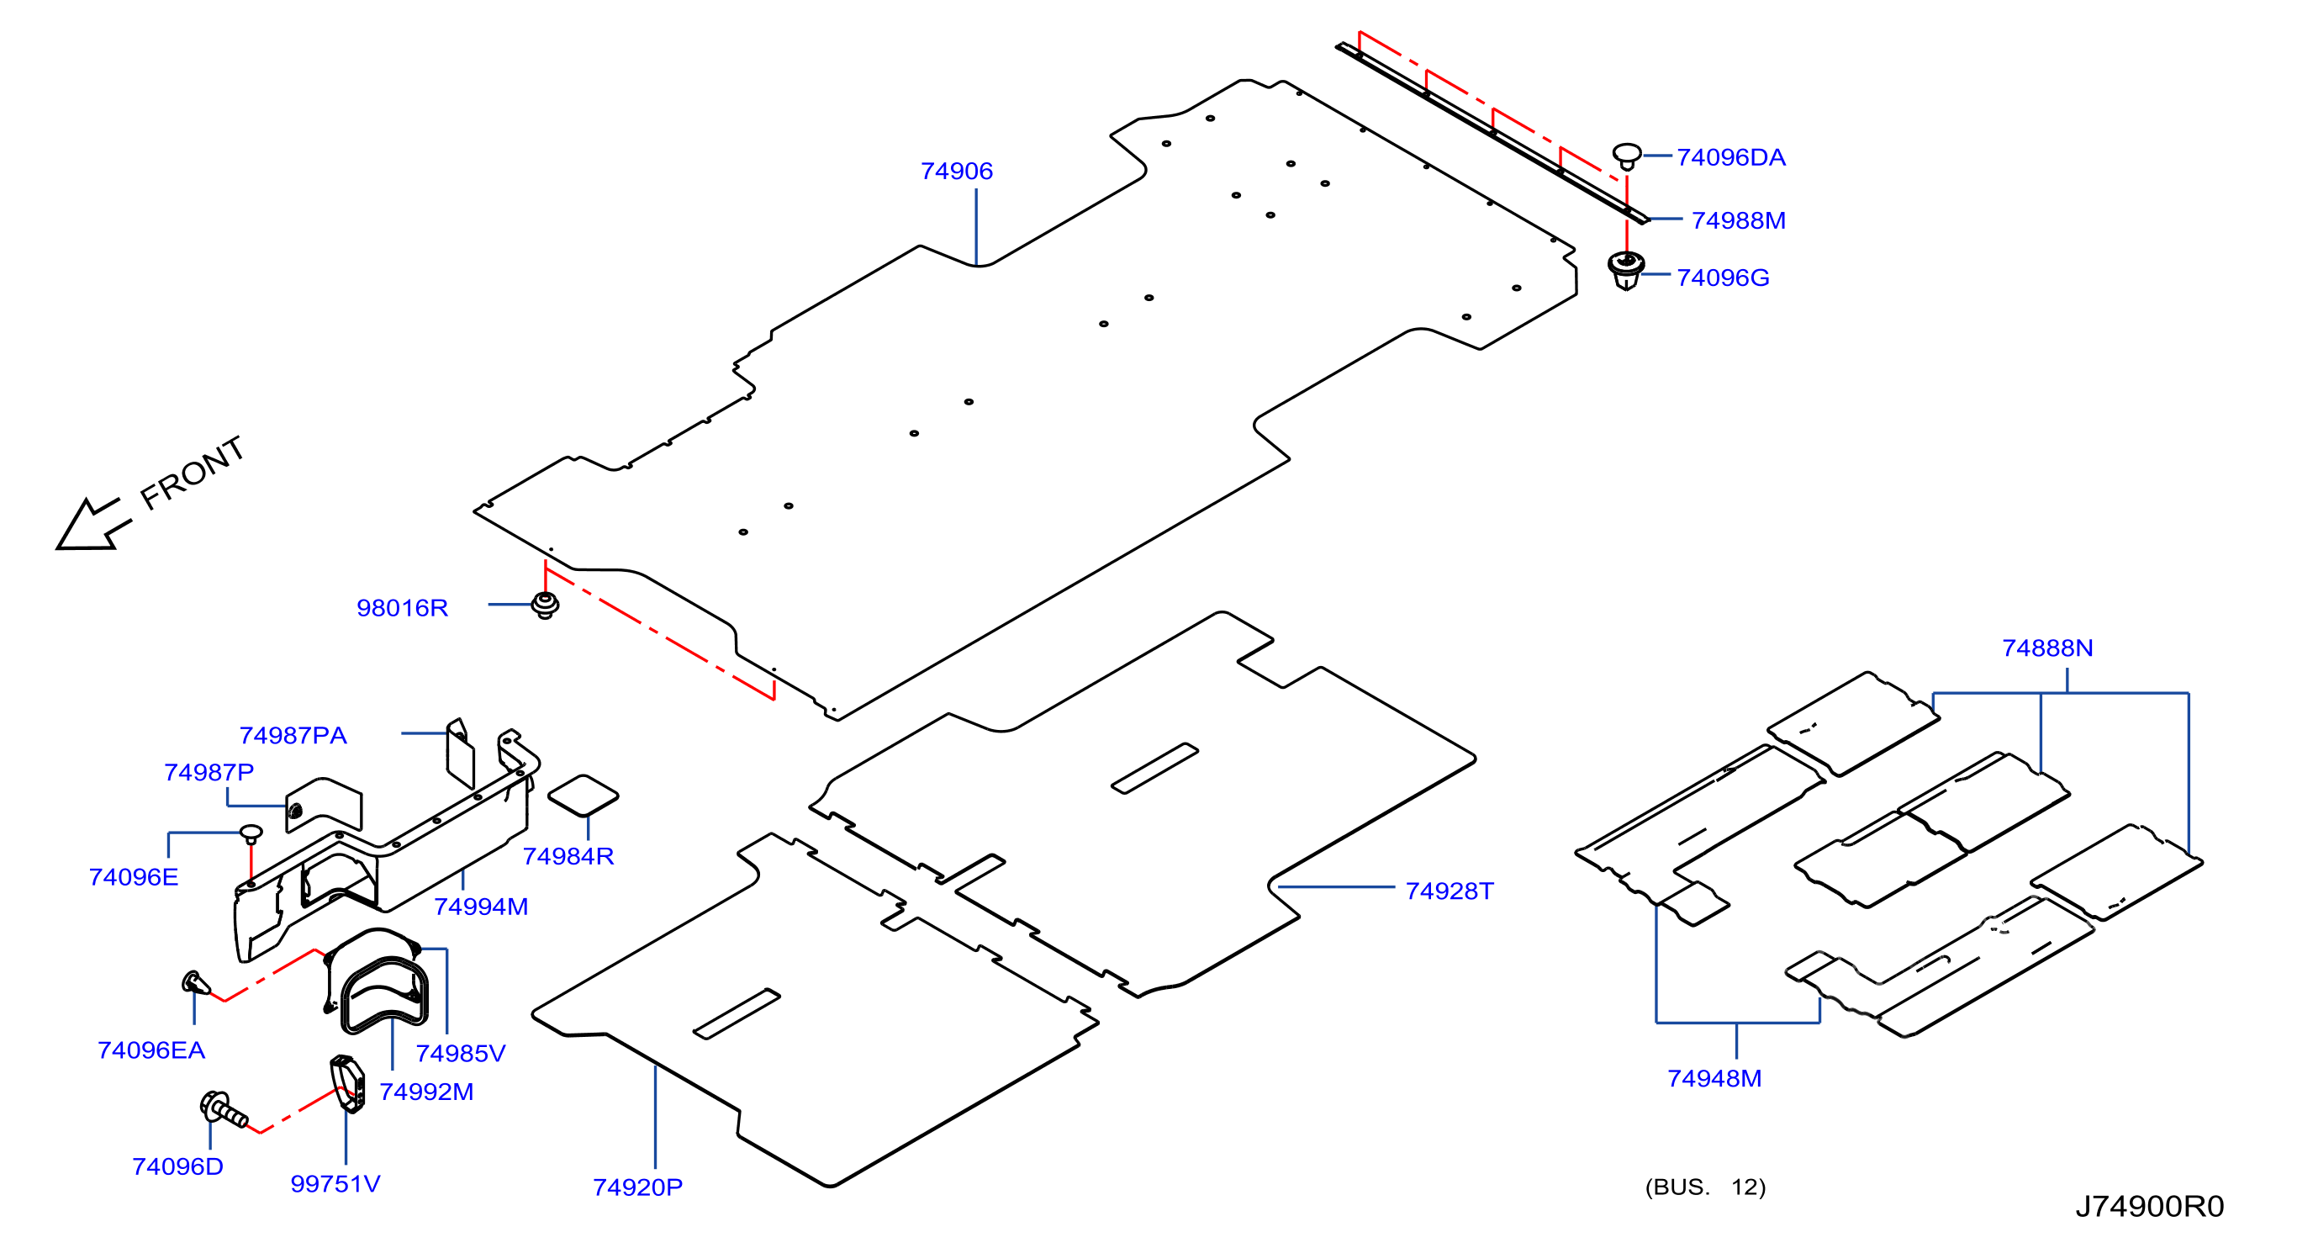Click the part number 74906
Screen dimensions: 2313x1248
coord(956,171)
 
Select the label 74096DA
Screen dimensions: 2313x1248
coord(1730,157)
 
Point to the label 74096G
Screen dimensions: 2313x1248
coord(1722,278)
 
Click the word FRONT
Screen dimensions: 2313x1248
coord(193,473)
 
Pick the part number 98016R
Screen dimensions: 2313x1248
coord(401,608)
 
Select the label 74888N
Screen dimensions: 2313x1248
coord(2046,648)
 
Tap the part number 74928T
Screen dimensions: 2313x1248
coord(1449,891)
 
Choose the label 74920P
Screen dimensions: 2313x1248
coord(636,1187)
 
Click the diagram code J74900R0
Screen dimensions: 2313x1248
coord(2149,1206)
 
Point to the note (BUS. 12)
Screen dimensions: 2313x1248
coord(1704,1187)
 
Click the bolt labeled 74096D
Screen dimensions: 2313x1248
coord(224,1110)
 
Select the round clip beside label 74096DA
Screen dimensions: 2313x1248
coord(1626,156)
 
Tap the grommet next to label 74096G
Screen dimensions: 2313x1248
coord(1625,270)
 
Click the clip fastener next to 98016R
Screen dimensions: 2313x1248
coord(545,605)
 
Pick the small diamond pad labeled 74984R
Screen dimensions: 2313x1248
coord(583,796)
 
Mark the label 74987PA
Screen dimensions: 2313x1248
coord(293,735)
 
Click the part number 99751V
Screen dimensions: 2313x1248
coord(335,1183)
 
